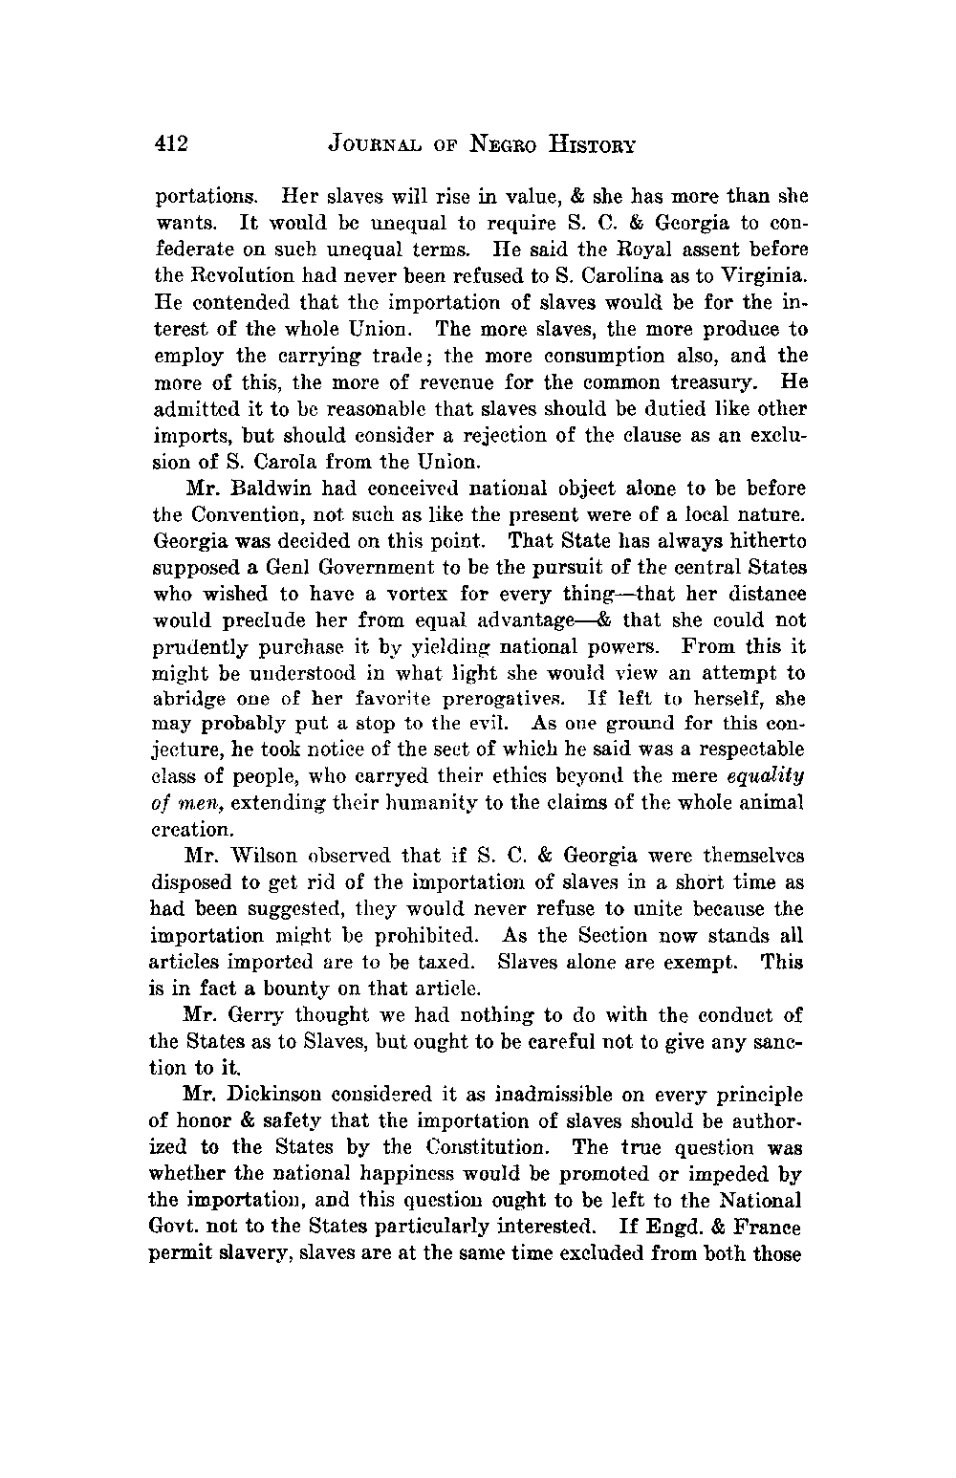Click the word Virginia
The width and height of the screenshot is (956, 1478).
pyautogui.click(x=765, y=276)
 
